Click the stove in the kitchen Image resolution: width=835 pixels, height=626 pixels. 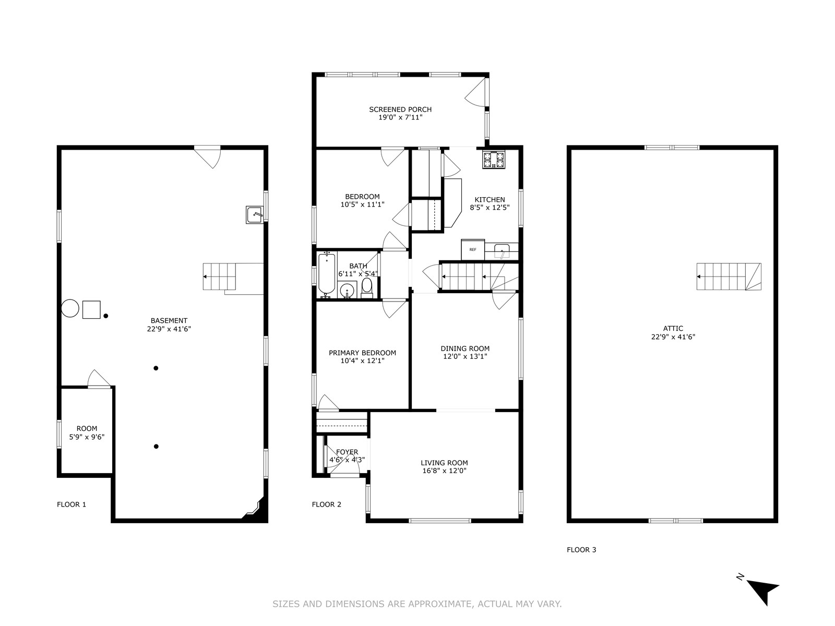[494, 160]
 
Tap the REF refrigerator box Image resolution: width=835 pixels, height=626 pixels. [473, 250]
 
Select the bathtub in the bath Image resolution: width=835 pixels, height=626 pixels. [327, 275]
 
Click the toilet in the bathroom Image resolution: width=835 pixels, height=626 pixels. [367, 288]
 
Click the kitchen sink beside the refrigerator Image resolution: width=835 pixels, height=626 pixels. [502, 251]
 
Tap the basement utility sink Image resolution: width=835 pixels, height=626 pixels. [255, 215]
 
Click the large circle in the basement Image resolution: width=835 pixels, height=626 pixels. [70, 308]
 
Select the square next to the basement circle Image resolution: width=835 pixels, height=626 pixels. [91, 310]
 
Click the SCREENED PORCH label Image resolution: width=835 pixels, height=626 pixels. [400, 110]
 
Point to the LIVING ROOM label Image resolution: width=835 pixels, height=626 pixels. [444, 463]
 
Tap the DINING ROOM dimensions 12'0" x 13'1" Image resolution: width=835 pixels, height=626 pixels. [465, 356]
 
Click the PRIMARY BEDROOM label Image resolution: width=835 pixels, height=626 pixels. [362, 353]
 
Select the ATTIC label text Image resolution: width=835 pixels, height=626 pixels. [673, 329]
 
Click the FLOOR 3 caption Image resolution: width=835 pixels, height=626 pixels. [581, 550]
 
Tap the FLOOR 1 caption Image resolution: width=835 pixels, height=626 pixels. [71, 504]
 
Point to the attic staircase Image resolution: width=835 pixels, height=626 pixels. [729, 276]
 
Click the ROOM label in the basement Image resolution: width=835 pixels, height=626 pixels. [87, 428]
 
